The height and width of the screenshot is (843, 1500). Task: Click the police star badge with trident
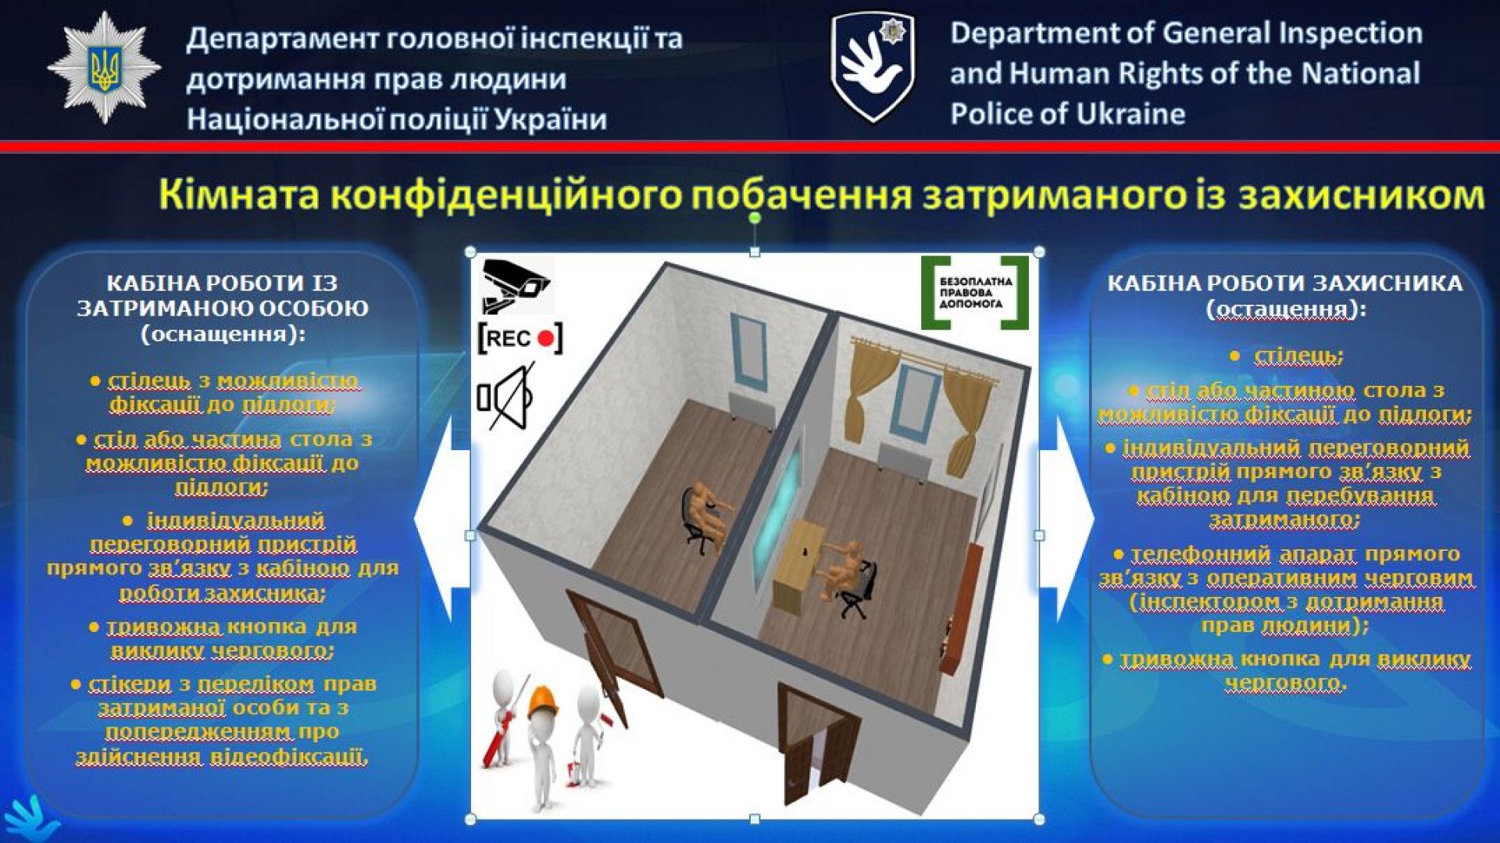[104, 68]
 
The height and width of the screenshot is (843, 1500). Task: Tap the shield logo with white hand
[873, 67]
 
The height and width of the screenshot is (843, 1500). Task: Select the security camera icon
[516, 285]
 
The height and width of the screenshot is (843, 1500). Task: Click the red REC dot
[546, 339]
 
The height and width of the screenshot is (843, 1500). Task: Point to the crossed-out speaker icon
[506, 396]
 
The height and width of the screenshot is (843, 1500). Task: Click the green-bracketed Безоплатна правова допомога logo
[974, 292]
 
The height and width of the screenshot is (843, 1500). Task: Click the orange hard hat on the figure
[544, 702]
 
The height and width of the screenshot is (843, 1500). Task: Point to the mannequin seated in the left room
[706, 512]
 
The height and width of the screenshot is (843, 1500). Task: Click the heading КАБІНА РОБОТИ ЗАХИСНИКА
[1285, 283]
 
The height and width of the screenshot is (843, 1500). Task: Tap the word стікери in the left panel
[130, 684]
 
